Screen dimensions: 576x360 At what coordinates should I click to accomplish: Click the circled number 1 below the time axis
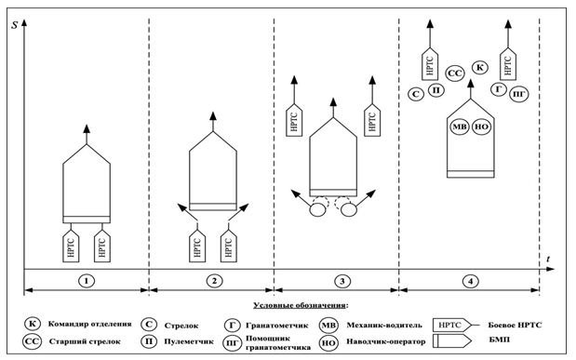click(x=87, y=281)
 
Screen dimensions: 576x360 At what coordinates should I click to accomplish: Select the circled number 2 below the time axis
click(x=214, y=281)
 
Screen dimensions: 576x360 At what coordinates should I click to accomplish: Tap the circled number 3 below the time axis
click(x=342, y=281)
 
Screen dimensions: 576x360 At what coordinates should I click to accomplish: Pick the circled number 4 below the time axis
click(x=471, y=282)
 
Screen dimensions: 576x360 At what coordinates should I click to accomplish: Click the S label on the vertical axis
click(x=14, y=25)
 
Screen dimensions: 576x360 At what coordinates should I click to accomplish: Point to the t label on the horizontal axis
click(x=548, y=259)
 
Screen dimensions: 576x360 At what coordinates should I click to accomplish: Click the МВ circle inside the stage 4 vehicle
click(x=460, y=127)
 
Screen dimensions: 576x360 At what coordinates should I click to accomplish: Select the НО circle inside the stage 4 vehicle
click(x=482, y=127)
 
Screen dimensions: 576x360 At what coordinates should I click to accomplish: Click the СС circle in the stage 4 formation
click(x=455, y=73)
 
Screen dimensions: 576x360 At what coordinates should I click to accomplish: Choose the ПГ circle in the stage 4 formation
click(x=519, y=94)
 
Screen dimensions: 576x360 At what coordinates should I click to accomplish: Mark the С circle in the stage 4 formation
click(x=416, y=94)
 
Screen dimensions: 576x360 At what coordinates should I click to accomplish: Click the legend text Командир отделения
click(x=89, y=324)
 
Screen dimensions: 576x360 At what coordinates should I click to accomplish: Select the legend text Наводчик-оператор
click(x=386, y=341)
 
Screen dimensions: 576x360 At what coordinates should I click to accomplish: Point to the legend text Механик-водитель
click(x=384, y=325)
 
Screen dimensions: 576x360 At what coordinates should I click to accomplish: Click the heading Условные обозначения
click(x=301, y=305)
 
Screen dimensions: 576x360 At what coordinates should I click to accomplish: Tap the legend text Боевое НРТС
click(x=515, y=325)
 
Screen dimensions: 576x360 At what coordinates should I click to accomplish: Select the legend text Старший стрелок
click(x=85, y=341)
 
